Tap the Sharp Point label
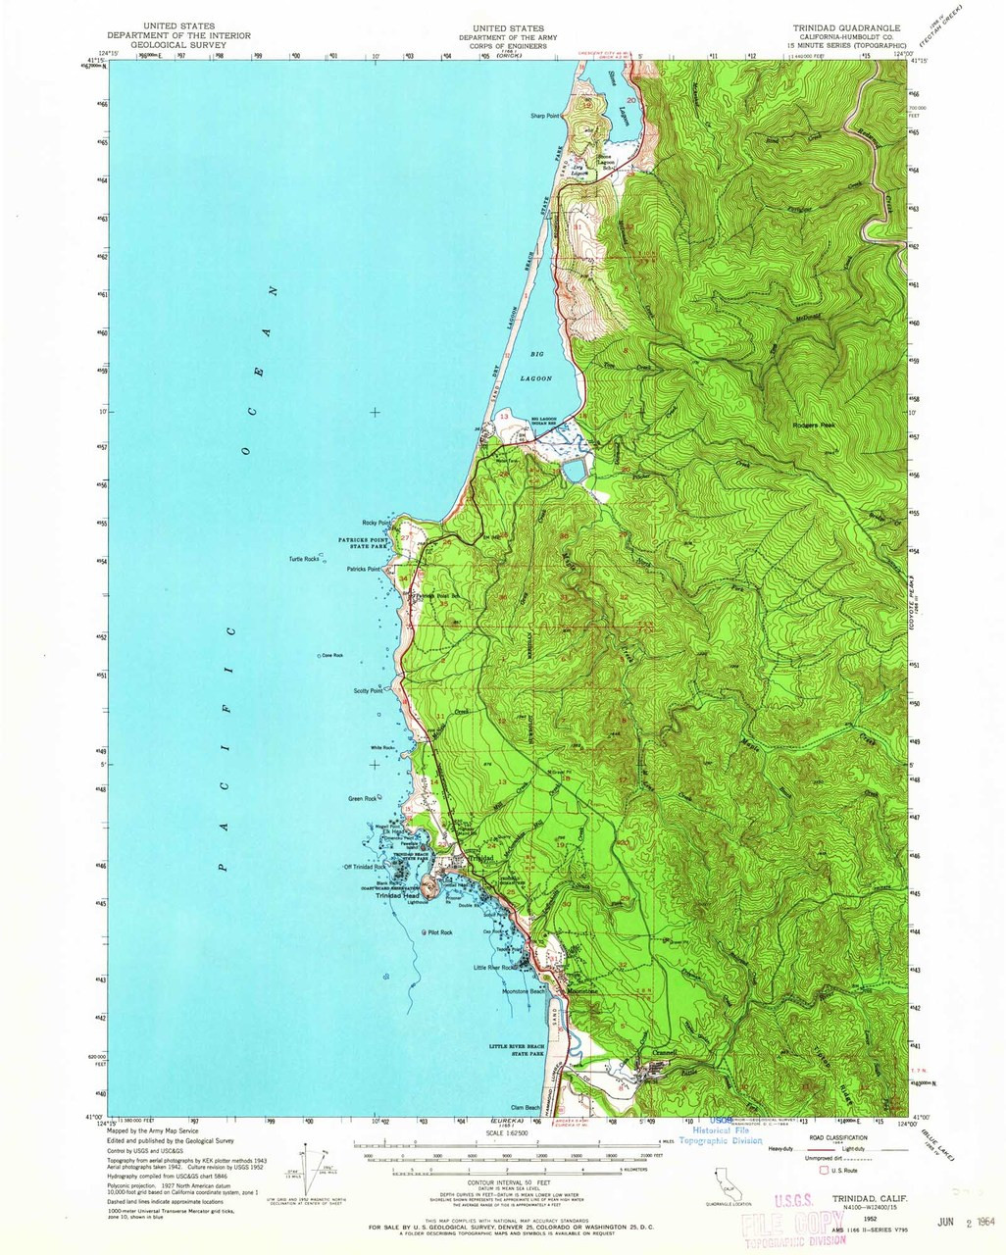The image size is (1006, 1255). coord(544,116)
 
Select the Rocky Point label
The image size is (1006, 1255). coord(377,522)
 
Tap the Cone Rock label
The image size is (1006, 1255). coord(332,655)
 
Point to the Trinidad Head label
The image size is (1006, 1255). coord(397,895)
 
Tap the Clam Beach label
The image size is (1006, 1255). coord(526,1108)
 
